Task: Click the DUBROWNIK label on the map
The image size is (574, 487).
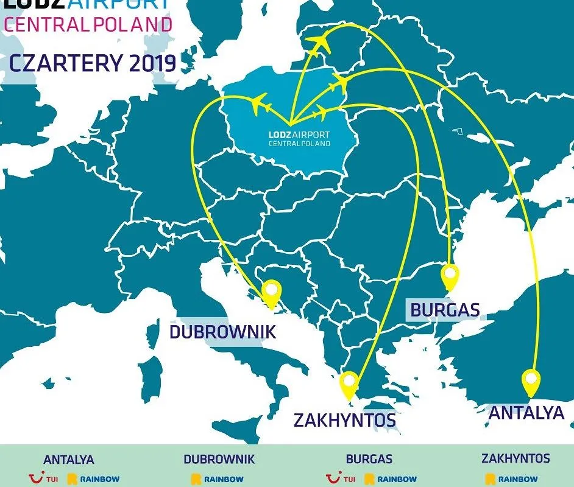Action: tap(222, 332)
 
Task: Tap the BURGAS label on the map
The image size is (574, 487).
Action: tap(445, 310)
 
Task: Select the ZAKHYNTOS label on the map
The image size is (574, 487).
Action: tap(344, 420)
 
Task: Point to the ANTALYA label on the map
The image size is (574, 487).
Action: tap(526, 413)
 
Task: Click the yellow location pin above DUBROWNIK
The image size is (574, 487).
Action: tap(271, 294)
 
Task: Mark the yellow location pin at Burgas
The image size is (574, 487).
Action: tap(450, 277)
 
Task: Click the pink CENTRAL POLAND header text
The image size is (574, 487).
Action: tap(88, 25)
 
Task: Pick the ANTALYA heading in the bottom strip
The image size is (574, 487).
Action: tap(69, 460)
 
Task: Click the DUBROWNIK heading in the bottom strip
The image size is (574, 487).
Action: tap(219, 460)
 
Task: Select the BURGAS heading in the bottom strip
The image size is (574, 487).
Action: tap(369, 460)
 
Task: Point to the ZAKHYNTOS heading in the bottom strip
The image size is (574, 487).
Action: tap(516, 458)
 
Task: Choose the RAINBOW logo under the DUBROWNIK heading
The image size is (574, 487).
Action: tap(218, 479)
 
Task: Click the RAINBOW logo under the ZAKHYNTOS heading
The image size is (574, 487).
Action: tap(512, 479)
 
